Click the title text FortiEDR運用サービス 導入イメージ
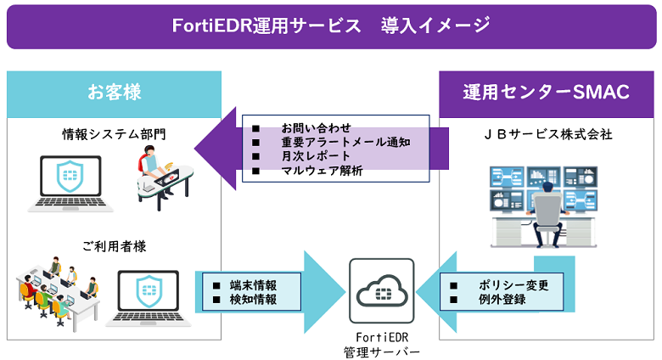pyautogui.click(x=331, y=25)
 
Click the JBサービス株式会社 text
pyautogui.click(x=547, y=133)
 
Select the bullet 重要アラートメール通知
pyautogui.click(x=334, y=142)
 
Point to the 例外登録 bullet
pyautogui.click(x=502, y=301)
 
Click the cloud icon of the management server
pyautogui.click(x=382, y=291)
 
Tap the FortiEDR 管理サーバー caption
pyautogui.click(x=382, y=344)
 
